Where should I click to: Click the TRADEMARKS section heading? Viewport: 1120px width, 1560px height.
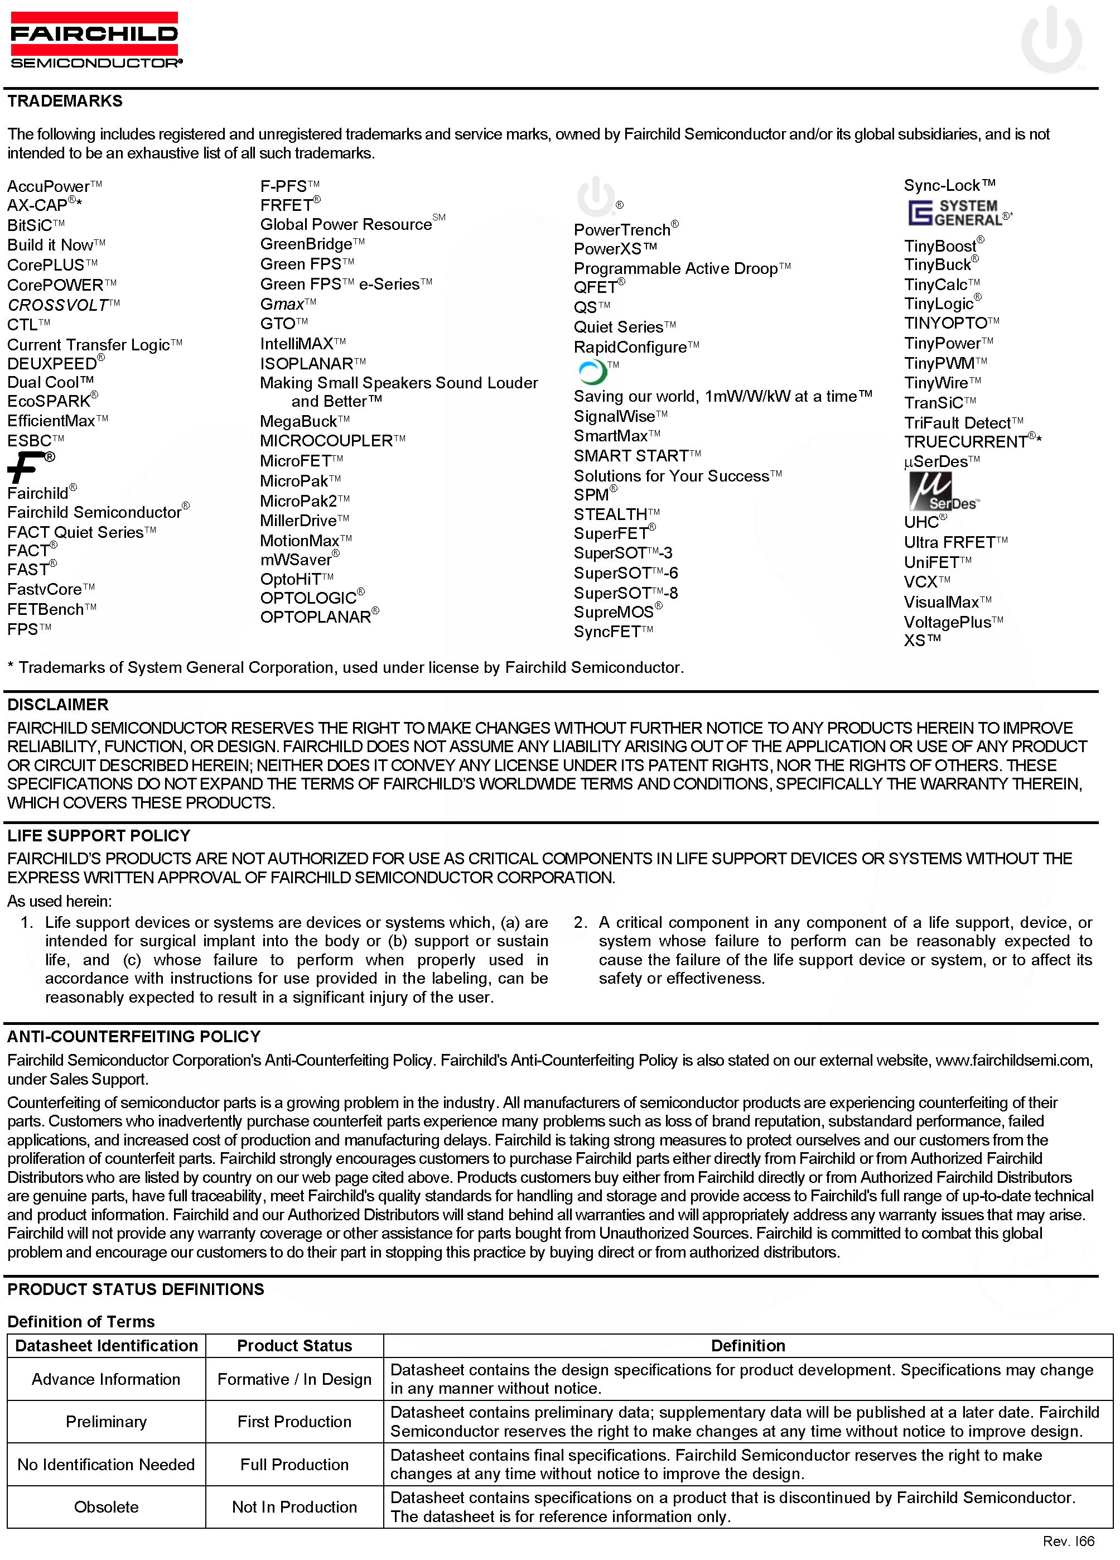[x=65, y=101]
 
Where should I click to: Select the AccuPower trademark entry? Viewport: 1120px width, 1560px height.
[x=50, y=187]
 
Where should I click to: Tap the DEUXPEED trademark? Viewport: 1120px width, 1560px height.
[x=52, y=364]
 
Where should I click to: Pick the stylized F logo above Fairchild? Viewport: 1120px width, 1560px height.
[x=25, y=468]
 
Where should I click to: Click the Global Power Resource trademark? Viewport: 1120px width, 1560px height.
[x=346, y=225]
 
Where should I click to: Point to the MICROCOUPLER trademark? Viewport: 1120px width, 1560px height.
[x=327, y=441]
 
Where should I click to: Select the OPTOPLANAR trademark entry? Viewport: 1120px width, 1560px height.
[x=316, y=617]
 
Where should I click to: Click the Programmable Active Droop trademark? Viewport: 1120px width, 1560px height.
[x=677, y=269]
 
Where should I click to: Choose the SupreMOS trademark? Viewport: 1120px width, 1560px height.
[x=614, y=612]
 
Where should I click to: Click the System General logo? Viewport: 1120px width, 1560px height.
[x=955, y=214]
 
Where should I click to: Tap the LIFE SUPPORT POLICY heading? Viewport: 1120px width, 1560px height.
[x=98, y=836]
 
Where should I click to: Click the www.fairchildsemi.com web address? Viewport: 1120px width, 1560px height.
[x=1013, y=1060]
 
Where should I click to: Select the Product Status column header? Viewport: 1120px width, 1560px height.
[x=295, y=1345]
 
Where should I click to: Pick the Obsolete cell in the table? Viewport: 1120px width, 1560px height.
[x=106, y=1507]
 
